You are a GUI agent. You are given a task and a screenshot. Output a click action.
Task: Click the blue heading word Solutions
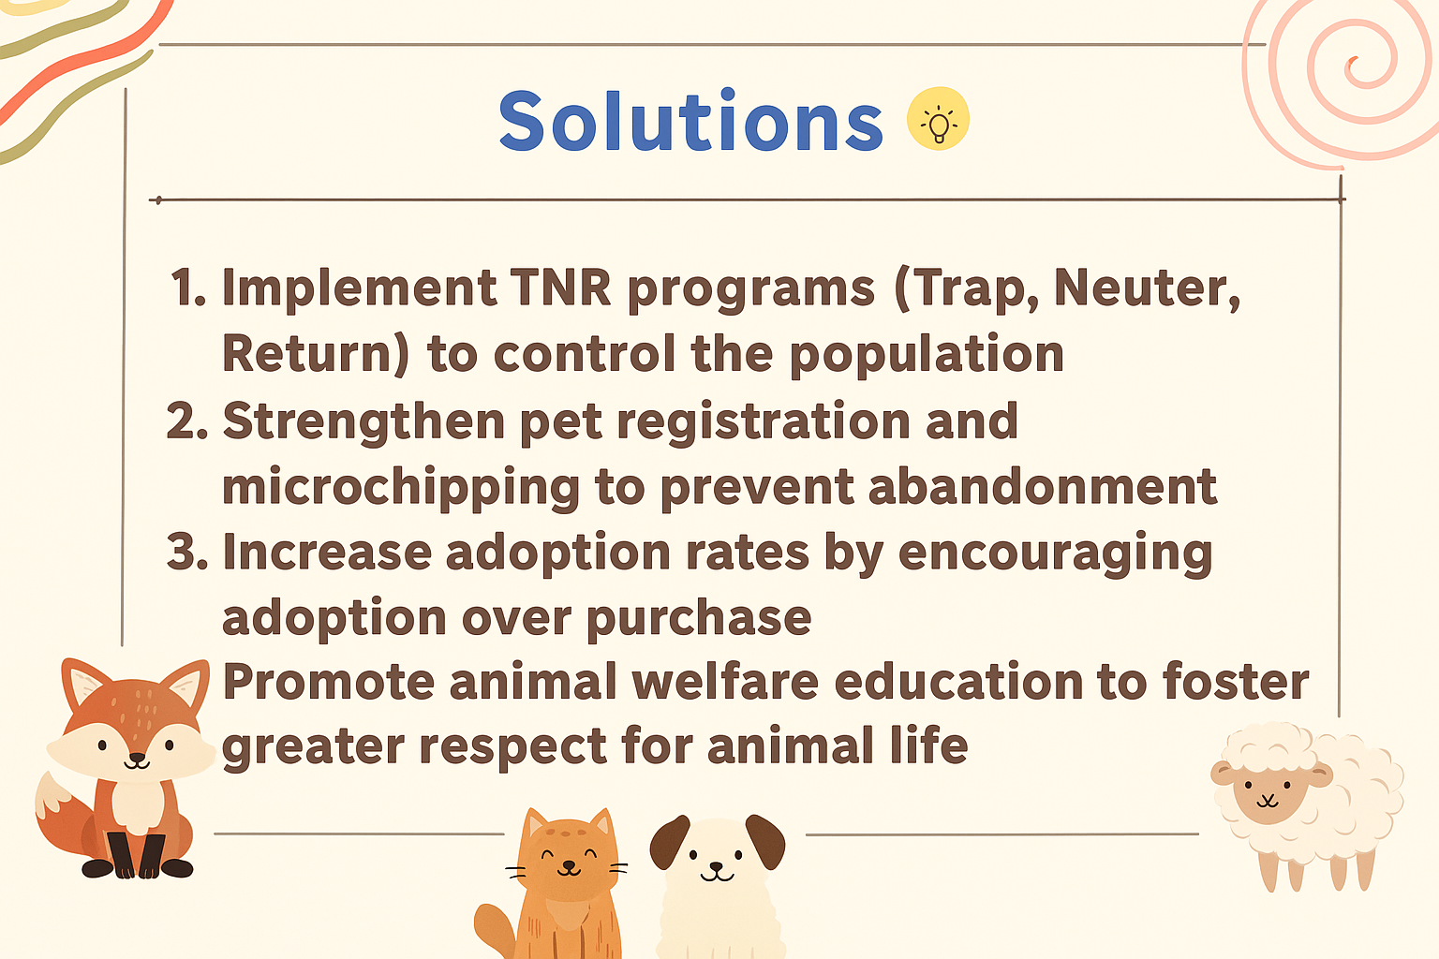click(x=690, y=121)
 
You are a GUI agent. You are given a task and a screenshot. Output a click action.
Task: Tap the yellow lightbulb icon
click(x=938, y=119)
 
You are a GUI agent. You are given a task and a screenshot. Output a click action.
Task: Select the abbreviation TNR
click(x=560, y=288)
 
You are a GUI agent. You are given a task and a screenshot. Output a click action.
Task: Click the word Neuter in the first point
click(x=1148, y=288)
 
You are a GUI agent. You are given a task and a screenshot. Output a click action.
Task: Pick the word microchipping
click(x=401, y=488)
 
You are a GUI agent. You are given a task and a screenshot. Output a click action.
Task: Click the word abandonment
click(x=1043, y=486)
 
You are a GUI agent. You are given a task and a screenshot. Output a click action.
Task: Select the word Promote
click(x=329, y=682)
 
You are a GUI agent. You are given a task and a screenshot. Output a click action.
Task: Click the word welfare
click(x=725, y=681)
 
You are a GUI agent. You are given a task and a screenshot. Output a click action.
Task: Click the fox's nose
click(x=136, y=758)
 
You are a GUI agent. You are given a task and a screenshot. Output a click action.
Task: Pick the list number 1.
click(x=187, y=288)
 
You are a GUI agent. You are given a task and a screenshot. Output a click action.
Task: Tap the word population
click(x=926, y=355)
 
